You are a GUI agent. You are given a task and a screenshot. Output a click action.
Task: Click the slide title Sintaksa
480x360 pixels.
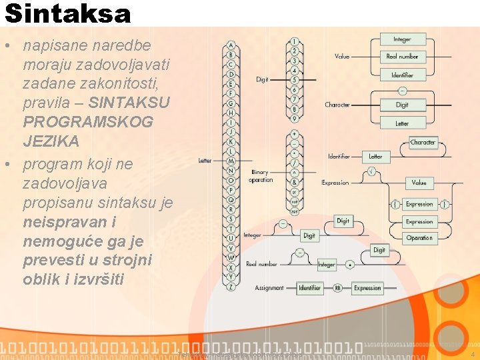(67, 13)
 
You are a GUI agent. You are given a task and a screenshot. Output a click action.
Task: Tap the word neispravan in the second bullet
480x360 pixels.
(59, 221)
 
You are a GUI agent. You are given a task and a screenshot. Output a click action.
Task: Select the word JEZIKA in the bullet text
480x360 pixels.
(51, 141)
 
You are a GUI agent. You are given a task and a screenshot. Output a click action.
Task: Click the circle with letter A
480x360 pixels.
(231, 45)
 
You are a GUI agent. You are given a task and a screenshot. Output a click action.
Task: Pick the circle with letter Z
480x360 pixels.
(231, 287)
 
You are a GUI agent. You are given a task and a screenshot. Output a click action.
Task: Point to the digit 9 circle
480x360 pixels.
(295, 119)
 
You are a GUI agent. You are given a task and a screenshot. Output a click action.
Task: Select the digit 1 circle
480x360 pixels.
(295, 42)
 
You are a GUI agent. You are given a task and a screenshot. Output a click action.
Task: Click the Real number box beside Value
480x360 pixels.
(402, 57)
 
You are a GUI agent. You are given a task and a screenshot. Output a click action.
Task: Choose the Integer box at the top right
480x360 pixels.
(402, 39)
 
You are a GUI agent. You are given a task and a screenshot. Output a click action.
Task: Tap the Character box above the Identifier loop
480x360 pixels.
(423, 143)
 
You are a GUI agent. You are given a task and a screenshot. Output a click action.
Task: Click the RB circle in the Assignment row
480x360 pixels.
(337, 288)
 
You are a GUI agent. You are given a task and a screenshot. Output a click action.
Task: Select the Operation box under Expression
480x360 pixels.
(419, 237)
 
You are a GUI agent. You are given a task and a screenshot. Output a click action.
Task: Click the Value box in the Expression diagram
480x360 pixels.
(419, 183)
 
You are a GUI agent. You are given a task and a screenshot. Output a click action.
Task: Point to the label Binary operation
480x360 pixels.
(260, 176)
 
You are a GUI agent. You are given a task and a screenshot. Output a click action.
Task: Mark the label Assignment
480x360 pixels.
(269, 288)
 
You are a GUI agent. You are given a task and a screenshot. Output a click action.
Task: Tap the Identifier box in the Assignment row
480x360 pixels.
(309, 288)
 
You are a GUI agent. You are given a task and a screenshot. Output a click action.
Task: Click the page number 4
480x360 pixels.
(471, 346)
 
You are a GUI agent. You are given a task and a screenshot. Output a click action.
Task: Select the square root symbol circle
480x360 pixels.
(371, 171)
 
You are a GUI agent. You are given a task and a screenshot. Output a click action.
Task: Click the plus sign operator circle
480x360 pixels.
(295, 133)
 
